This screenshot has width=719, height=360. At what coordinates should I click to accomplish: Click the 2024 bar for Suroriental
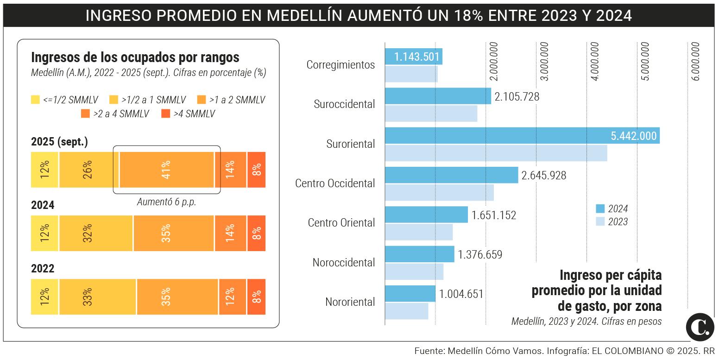522,136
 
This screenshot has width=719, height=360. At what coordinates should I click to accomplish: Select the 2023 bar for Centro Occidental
439,192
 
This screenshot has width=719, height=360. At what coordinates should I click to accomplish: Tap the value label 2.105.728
517,96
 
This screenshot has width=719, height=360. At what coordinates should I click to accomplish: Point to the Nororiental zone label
350,302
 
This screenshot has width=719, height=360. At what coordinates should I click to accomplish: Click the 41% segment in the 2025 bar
166,170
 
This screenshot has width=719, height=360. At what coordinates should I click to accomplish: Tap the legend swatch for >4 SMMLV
165,114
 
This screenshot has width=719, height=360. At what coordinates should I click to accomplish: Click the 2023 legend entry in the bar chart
612,221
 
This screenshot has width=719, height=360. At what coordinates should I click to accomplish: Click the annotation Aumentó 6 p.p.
166,202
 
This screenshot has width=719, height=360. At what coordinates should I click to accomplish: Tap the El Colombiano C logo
700,327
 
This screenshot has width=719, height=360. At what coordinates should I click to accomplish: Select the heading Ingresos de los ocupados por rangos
135,57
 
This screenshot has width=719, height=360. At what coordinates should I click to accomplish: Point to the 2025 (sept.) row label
59,142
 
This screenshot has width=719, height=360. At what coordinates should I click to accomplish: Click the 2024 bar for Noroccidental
419,254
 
